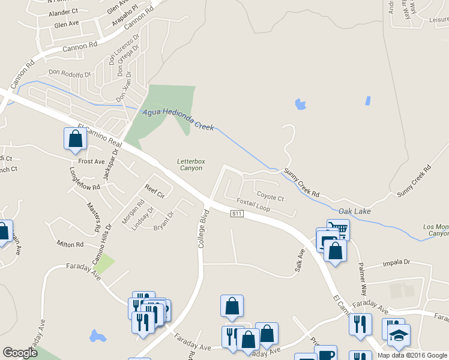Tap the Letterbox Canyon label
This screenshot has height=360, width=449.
(190, 165)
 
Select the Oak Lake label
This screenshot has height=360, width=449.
(355, 211)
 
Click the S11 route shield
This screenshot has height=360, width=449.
(237, 214)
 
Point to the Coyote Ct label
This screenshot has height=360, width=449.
(270, 196)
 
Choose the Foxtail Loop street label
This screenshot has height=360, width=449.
(253, 205)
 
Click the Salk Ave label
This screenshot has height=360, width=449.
(300, 263)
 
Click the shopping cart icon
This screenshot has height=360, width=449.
(339, 229)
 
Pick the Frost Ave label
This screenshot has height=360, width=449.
(91, 161)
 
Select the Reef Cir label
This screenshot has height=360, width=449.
(154, 190)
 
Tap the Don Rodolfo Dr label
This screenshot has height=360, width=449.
(70, 74)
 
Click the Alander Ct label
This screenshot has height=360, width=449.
(67, 11)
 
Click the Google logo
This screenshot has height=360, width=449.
(20, 353)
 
